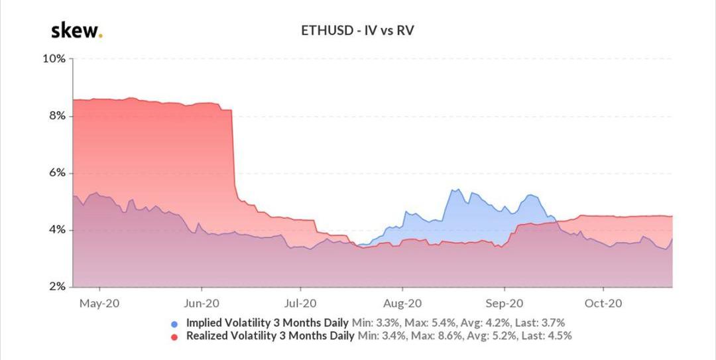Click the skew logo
(76, 30)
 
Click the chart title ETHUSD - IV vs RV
(358, 30)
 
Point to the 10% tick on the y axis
(54, 58)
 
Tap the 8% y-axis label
(56, 115)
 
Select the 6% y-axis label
(56, 173)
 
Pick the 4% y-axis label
(56, 230)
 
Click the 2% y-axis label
(56, 287)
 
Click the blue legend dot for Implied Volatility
(174, 324)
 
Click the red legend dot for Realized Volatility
(174, 337)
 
